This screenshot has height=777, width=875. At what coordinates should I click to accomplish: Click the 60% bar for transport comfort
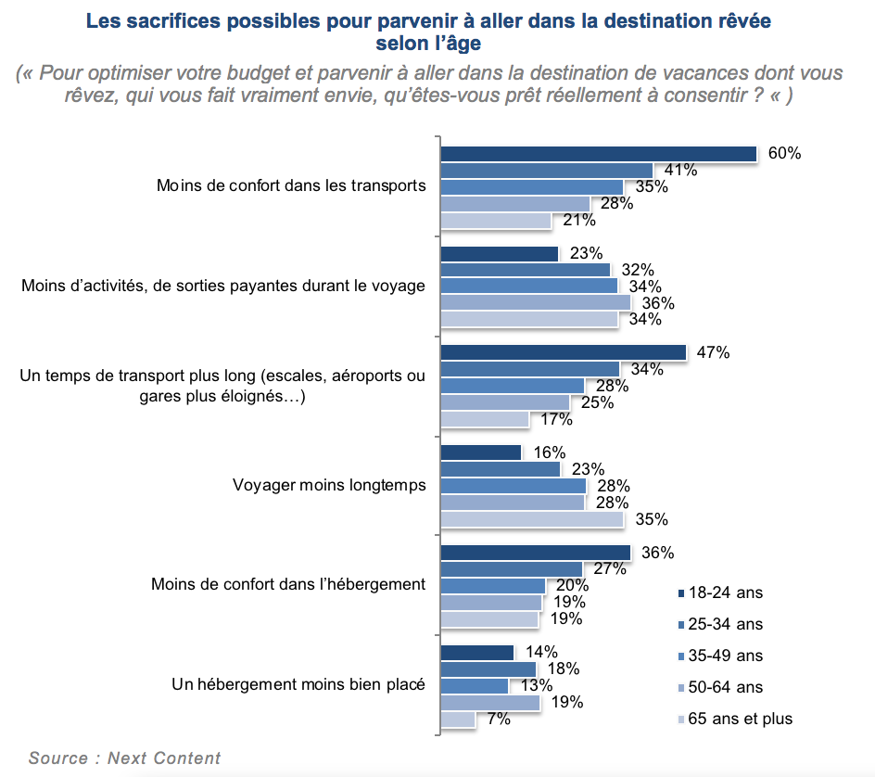(599, 154)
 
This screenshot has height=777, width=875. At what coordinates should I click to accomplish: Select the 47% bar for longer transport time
(563, 352)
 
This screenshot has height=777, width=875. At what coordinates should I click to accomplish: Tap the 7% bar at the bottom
(458, 719)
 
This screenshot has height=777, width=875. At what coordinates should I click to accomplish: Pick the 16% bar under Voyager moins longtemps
(481, 452)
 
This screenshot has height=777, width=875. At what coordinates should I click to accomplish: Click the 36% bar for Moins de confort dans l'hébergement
(535, 553)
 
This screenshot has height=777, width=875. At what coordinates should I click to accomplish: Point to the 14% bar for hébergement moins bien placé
(476, 653)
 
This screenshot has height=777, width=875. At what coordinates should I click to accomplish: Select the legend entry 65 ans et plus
(737, 719)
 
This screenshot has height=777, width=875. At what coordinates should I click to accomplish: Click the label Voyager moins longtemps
(328, 485)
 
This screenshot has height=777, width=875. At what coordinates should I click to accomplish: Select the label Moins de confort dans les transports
(291, 185)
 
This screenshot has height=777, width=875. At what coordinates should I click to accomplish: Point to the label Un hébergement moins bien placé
(298, 685)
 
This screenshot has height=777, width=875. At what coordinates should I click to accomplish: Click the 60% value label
(784, 153)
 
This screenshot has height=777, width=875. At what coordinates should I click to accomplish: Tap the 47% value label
(714, 352)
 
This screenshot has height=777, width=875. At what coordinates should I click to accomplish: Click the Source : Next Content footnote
(125, 758)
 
